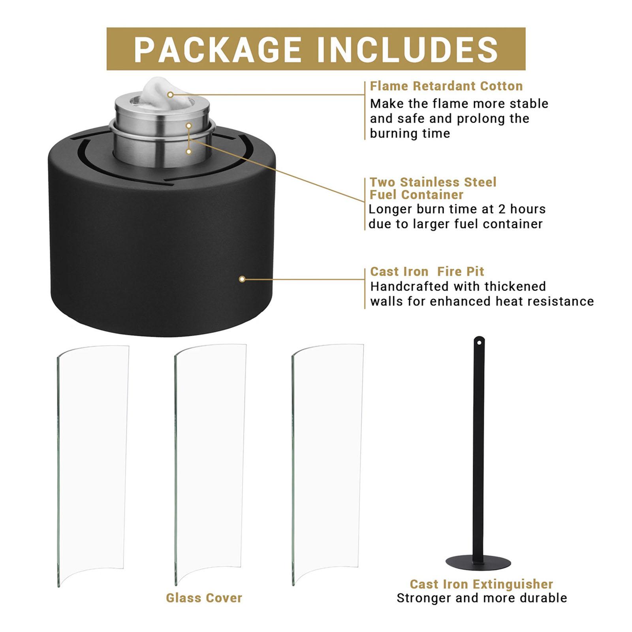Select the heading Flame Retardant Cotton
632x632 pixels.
[x=446, y=86]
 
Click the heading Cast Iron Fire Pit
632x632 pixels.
[x=427, y=271]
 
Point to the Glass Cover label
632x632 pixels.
[x=204, y=598]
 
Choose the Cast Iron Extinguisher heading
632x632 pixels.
[x=481, y=584]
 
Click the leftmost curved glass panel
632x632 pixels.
[x=93, y=466]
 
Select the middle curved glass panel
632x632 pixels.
[x=210, y=465]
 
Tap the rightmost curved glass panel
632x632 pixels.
[x=327, y=465]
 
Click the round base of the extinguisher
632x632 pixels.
[x=478, y=562]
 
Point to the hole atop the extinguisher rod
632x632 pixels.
[x=479, y=342]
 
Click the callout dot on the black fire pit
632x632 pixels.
[x=242, y=279]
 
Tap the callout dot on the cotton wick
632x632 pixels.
[x=170, y=95]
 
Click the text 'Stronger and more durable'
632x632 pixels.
[x=482, y=598]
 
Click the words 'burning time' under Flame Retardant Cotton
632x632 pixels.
[x=410, y=134]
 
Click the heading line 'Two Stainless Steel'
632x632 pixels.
[x=433, y=182]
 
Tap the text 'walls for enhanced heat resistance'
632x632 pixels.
[x=482, y=301]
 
